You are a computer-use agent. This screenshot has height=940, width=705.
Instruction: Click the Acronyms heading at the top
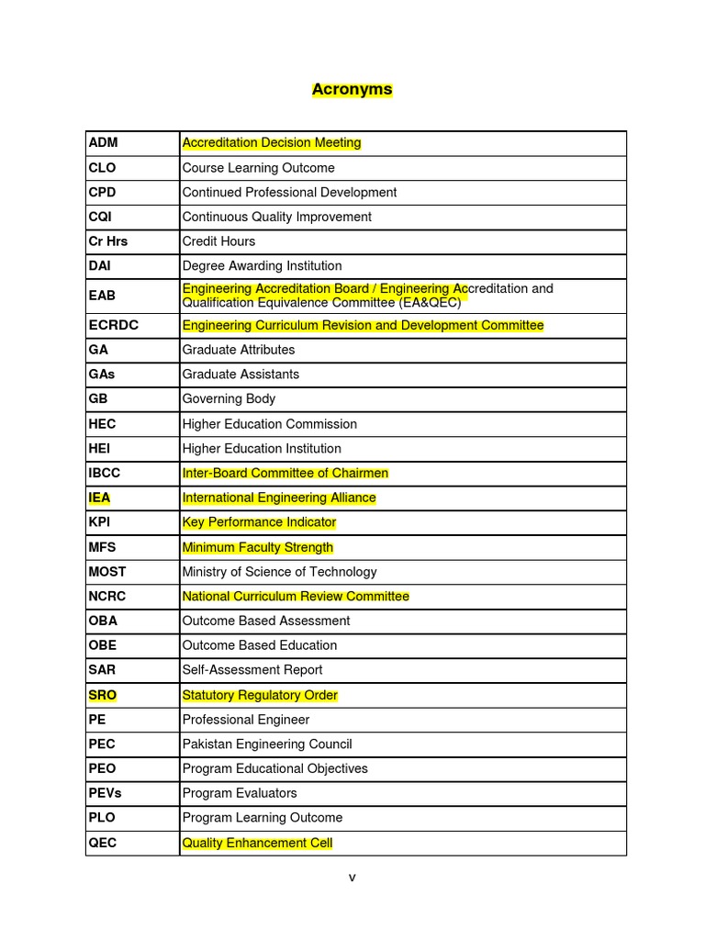click(352, 89)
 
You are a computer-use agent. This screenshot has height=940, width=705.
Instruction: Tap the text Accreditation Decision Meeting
click(272, 142)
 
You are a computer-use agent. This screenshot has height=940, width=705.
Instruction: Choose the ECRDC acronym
click(113, 325)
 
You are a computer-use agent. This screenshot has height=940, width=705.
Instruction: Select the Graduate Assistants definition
click(241, 375)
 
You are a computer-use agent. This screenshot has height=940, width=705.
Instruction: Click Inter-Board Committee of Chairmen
click(285, 473)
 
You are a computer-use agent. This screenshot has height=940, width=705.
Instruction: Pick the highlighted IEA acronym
click(100, 498)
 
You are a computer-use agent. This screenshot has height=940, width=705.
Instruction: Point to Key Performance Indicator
click(259, 522)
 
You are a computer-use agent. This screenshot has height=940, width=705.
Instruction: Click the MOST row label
click(107, 572)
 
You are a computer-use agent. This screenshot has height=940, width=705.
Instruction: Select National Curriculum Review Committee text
click(296, 597)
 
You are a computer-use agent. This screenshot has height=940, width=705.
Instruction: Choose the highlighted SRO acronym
click(103, 695)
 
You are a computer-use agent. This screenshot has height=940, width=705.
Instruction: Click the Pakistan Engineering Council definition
click(267, 744)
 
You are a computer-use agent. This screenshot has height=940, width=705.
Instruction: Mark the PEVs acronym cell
click(106, 793)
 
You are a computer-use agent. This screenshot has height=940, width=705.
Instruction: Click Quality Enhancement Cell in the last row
click(257, 843)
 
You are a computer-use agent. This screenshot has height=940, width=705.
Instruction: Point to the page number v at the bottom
click(352, 878)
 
